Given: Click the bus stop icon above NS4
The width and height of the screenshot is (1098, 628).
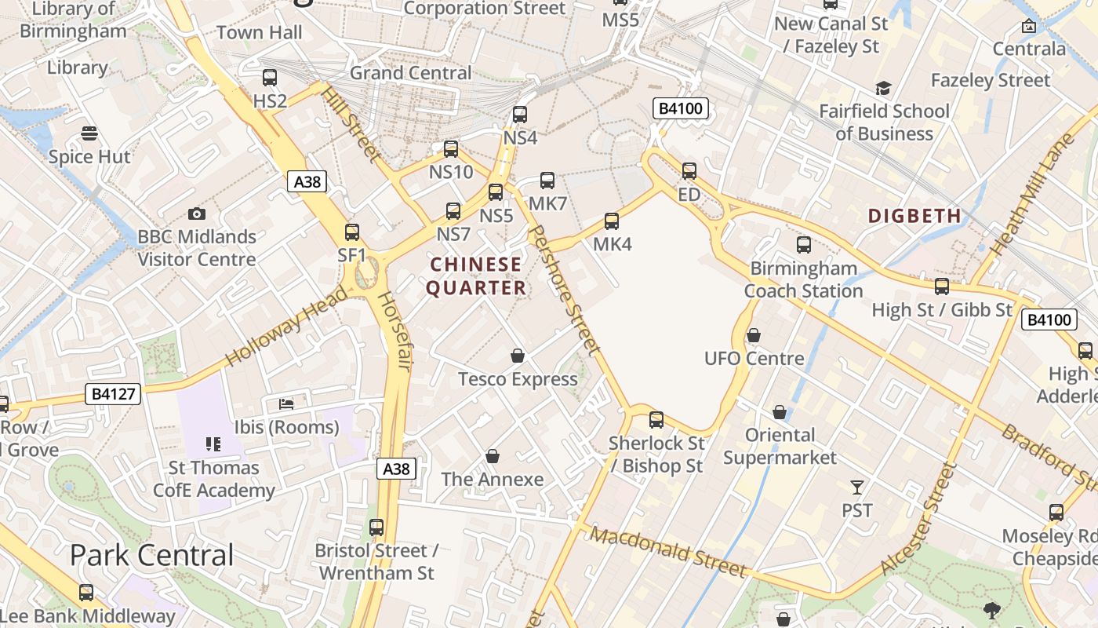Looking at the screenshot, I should [x=519, y=115].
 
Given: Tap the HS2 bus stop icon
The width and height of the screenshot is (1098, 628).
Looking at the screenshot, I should [x=270, y=78].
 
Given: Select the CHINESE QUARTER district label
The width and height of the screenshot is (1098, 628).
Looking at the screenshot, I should [x=476, y=276].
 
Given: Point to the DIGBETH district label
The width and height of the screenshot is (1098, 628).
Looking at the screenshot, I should [x=914, y=216].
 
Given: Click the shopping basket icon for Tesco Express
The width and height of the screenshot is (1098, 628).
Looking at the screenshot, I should [x=518, y=356].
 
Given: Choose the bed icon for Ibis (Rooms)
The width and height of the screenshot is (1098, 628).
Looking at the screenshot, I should [x=287, y=404].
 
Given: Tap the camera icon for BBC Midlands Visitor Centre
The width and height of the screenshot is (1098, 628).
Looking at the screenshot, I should [x=197, y=214].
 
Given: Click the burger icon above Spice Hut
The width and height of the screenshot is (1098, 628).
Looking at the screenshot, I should [x=89, y=133].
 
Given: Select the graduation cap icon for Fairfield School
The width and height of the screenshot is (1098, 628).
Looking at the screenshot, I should [x=884, y=88].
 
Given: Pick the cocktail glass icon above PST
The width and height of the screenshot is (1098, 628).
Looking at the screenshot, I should [x=857, y=487].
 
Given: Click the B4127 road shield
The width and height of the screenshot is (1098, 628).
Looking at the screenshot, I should [x=113, y=394].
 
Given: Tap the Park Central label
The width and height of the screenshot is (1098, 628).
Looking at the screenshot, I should [x=152, y=555].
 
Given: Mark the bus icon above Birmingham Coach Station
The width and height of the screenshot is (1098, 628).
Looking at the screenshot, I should [x=804, y=245].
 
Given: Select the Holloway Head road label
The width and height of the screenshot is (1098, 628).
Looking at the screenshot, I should [x=286, y=327].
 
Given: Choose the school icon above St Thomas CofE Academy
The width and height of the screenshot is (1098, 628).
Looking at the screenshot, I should [x=213, y=444].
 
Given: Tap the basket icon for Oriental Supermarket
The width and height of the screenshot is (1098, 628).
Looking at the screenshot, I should [x=780, y=412].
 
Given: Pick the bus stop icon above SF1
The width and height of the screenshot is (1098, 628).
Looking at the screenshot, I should [x=352, y=232].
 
